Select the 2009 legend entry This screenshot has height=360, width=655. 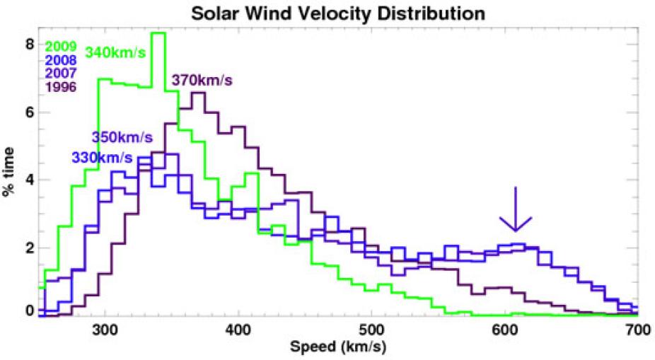pyautogui.click(x=60, y=47)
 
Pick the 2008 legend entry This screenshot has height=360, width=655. pyautogui.click(x=60, y=60)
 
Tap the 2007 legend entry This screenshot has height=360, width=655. pyautogui.click(x=60, y=73)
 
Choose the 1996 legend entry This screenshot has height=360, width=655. pyautogui.click(x=60, y=86)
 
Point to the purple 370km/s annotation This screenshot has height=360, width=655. pyautogui.click(x=202, y=81)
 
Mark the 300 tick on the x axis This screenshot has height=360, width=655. pyautogui.click(x=105, y=329)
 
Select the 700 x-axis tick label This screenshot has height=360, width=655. pyautogui.click(x=637, y=329)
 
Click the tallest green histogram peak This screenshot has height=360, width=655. pyautogui.click(x=158, y=33)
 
